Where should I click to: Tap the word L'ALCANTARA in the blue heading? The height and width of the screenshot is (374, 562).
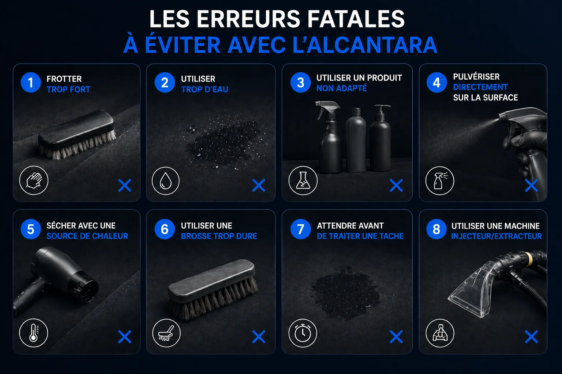coord(365,45)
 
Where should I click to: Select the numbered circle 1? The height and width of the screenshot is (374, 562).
coord(31,83)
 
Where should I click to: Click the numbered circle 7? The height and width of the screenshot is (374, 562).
coord(300,229)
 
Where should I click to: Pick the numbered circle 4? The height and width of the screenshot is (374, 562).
coord(437,83)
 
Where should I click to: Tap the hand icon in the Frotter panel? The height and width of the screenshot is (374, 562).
coord(34,180)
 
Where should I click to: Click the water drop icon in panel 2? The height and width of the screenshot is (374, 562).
coord(166,181)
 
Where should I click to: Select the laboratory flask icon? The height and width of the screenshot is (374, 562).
coord(303,180)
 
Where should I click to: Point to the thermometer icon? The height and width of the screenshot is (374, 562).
coord(33,333)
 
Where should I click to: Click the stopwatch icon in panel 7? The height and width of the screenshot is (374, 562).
coord(303,333)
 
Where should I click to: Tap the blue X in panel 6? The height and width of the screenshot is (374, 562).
coord(259,336)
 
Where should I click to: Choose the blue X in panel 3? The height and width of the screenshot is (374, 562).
coord(396,186)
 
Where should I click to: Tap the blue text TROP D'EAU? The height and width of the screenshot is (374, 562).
coord(205,89)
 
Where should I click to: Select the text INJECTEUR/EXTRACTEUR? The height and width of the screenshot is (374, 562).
coord(497,236)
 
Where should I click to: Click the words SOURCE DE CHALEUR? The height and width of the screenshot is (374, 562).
coord(87,236)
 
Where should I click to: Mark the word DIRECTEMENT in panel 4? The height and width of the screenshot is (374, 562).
coord(480,87)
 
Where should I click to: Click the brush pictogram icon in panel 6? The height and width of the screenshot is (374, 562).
coord(166,333)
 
